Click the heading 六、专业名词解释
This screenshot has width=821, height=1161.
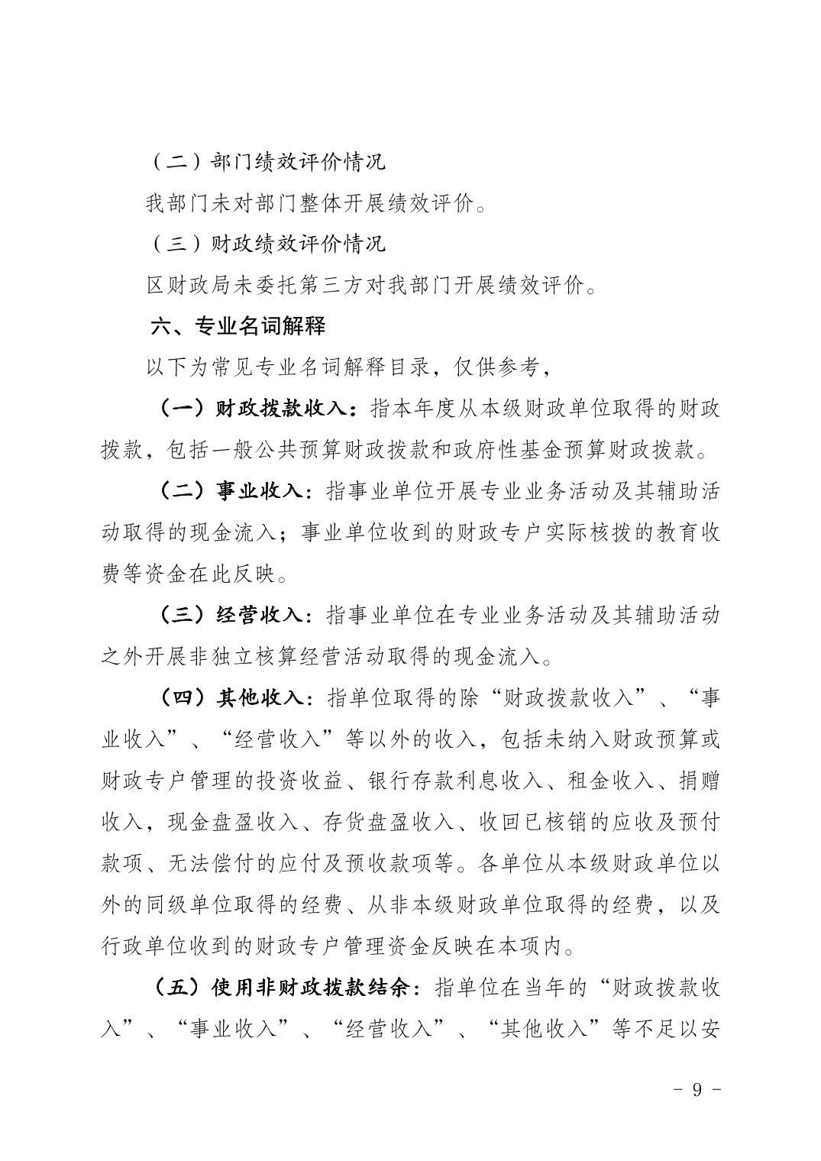tap(238, 326)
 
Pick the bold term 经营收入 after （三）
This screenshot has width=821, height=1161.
tap(260, 615)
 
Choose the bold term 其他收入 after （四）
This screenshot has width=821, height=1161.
tap(260, 697)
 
